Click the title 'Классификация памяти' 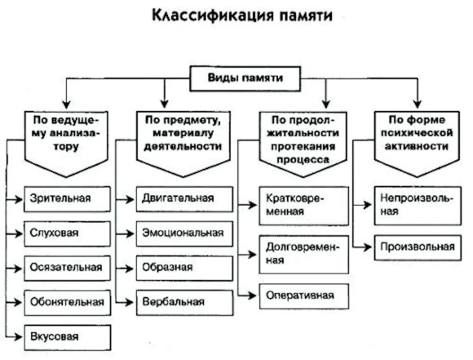tap(242, 15)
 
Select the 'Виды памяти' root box tap(245, 78)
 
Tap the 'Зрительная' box tap(67, 199)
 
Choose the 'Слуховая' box tap(67, 233)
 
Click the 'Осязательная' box tap(67, 269)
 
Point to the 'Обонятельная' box tap(67, 303)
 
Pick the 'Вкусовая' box tap(67, 337)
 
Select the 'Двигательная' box tap(184, 199)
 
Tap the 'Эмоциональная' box tap(184, 233)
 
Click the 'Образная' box tap(184, 269)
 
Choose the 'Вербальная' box tap(184, 303)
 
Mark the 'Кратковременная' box tap(303, 206)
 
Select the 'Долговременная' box tap(303, 255)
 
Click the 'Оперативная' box tap(303, 296)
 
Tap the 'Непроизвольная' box tap(418, 206)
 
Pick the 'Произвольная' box tap(418, 247)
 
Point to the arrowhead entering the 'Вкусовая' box tap(19, 337)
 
